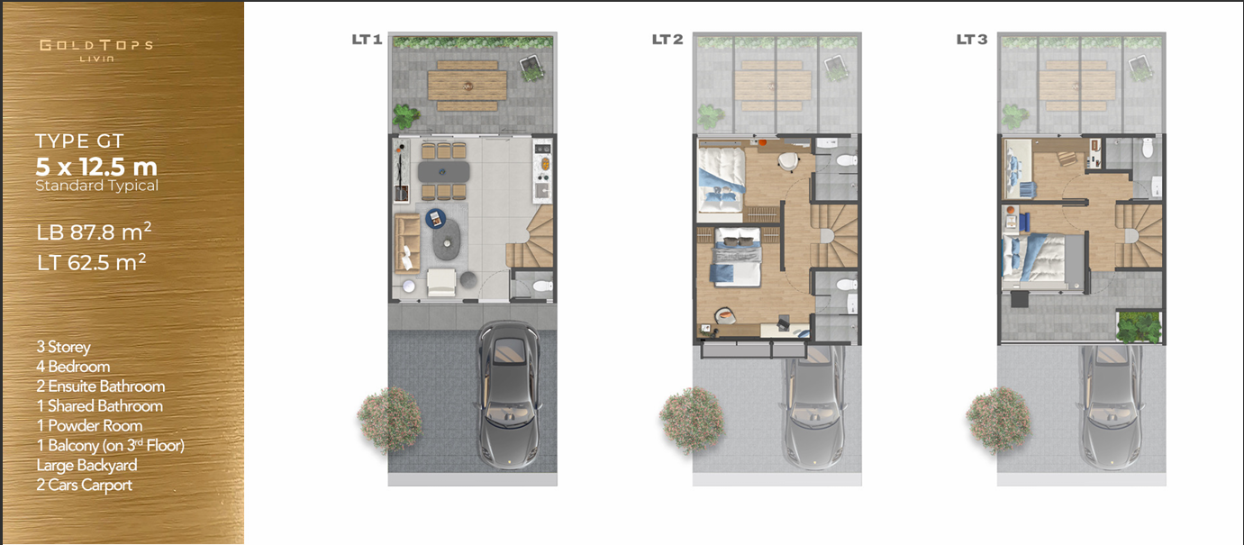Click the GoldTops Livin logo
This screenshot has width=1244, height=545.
point(96,50)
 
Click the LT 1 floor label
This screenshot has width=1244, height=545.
point(368,40)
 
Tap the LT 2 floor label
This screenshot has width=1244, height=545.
point(667,40)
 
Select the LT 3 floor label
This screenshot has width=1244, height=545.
point(972,40)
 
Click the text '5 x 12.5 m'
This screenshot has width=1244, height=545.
point(96,167)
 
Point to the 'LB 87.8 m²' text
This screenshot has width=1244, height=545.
point(94,232)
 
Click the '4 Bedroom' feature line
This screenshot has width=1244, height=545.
point(73,367)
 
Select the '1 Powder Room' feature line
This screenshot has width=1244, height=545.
point(89,426)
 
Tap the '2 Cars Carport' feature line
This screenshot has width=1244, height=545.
point(85,485)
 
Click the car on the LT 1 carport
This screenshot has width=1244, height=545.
point(508,395)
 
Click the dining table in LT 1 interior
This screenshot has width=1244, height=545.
point(444,171)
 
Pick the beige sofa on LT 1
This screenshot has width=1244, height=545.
point(406,243)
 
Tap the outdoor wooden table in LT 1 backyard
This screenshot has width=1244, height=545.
point(467,85)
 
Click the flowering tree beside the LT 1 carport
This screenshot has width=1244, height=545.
point(389,419)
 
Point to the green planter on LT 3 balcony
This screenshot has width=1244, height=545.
point(1139,327)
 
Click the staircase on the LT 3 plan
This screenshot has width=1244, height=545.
point(1139,236)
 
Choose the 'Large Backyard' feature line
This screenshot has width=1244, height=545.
point(86,466)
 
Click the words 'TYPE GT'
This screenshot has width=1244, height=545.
point(79,141)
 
